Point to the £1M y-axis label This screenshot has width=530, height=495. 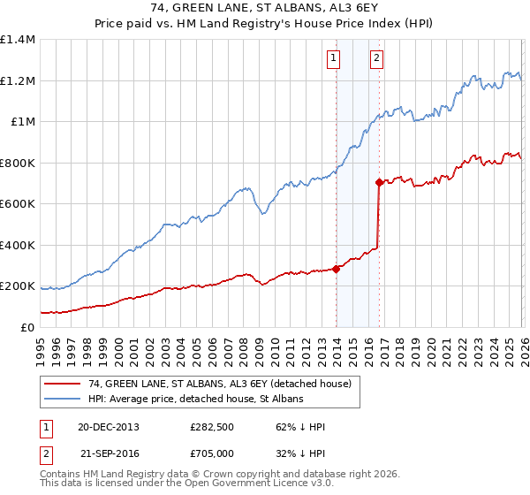[x=22, y=122]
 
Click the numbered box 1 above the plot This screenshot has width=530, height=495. [x=334, y=59]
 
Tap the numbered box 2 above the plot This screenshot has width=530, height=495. [x=376, y=59]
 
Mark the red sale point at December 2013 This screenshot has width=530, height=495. [x=337, y=269]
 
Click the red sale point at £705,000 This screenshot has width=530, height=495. [x=380, y=183]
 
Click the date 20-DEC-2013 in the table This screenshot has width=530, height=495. [x=108, y=427]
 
